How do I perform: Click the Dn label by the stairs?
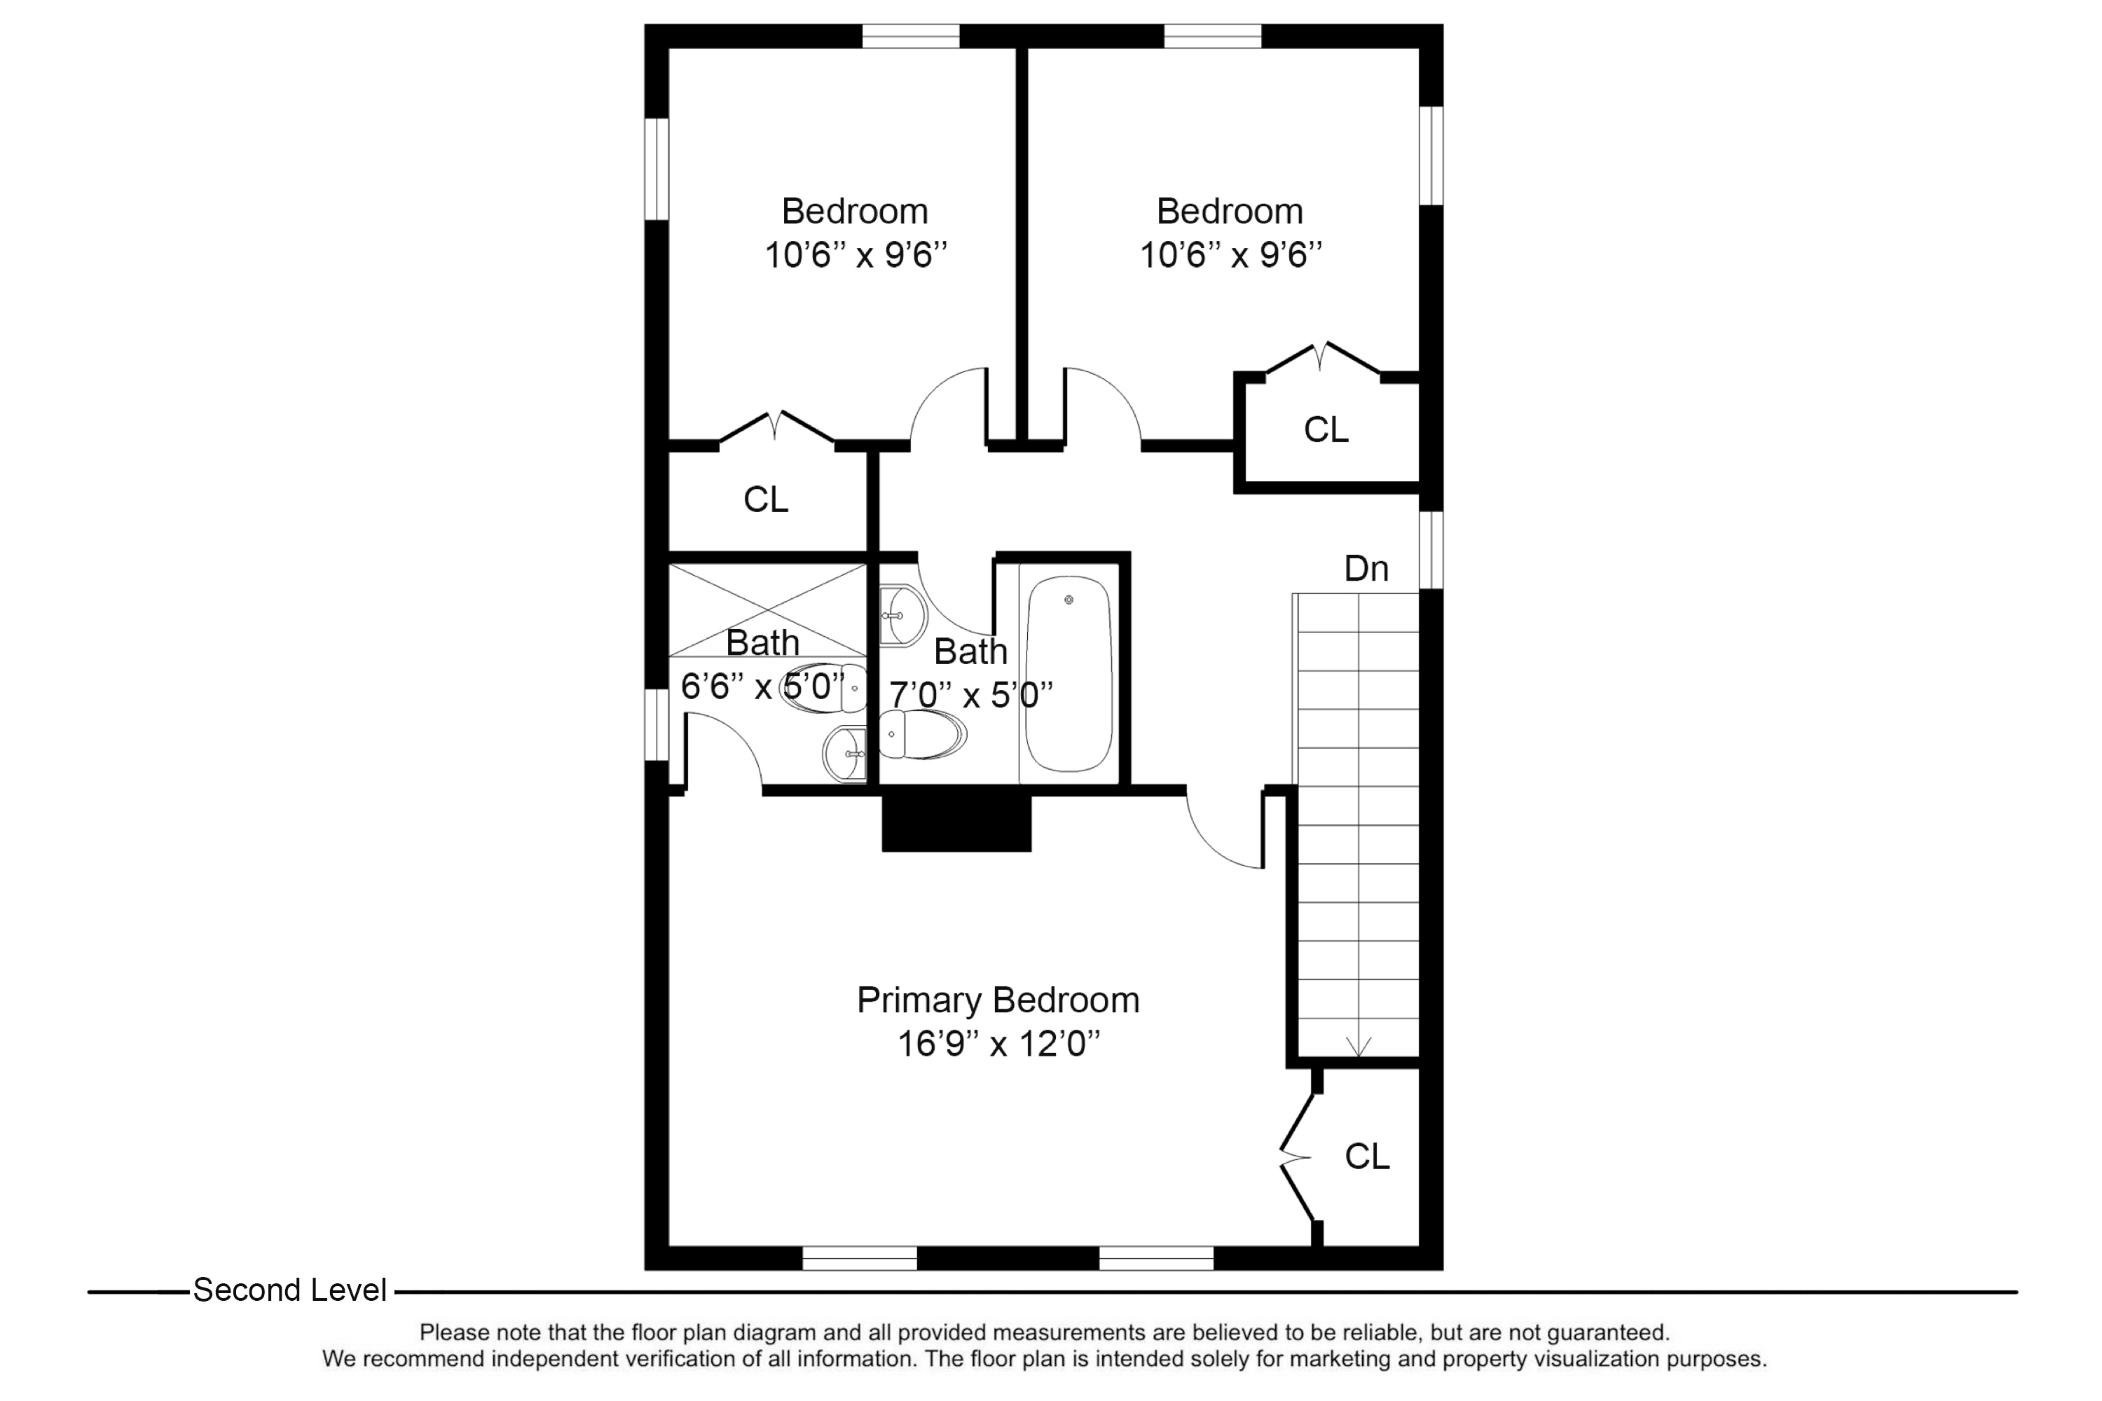point(1366,569)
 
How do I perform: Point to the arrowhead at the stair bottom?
point(1359,1047)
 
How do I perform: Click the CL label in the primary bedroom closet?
point(1366,1157)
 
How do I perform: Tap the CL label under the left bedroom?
point(766,500)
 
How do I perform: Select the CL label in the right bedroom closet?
point(1326,431)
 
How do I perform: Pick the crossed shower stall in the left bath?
point(767,610)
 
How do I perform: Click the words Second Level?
point(289,1290)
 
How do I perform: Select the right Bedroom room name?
point(1229,212)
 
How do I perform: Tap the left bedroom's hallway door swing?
point(947,406)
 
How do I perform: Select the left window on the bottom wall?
point(859,1258)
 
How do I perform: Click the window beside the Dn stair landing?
point(1431,551)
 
